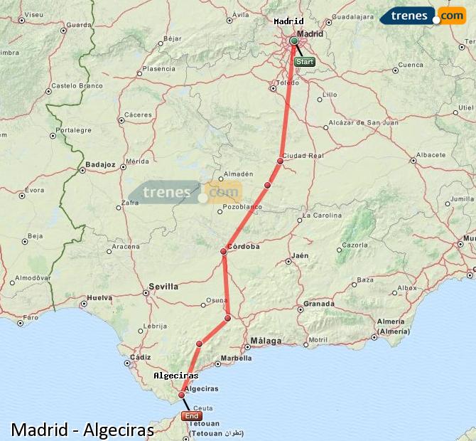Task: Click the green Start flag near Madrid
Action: pos(304,62)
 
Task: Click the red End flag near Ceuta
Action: pos(192,416)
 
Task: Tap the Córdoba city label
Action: pos(244,247)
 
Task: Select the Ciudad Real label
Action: pos(303,155)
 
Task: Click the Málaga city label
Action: pos(266,341)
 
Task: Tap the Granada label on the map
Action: pos(319,304)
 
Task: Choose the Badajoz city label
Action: pos(100,164)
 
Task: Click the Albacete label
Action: pos(431,154)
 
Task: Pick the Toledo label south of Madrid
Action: pos(287,83)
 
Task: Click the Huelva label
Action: pos(99,299)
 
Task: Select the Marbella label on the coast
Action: pos(236,358)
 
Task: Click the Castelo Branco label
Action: pos(76,85)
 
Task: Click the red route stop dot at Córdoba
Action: pos(223,251)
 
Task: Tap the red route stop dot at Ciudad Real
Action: pos(280,161)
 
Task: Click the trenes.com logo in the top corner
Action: pos(424,16)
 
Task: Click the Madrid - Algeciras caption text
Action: pos(82,430)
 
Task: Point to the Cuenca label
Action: pos(411,65)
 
